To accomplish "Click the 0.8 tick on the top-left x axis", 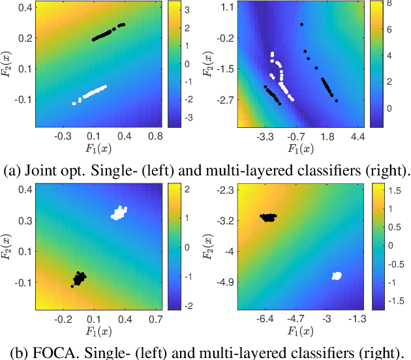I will click(155, 136).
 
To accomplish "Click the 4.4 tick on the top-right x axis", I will click(358, 136).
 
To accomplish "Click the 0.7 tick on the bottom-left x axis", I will click(155, 320).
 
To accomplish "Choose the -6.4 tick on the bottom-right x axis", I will click(264, 320).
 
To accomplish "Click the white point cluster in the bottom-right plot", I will click(337, 276).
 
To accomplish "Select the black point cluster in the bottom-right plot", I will click(268, 217).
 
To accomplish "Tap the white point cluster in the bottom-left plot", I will click(120, 212).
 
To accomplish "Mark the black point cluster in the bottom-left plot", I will click(79, 279).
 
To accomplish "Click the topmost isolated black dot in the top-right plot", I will click(301, 25).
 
